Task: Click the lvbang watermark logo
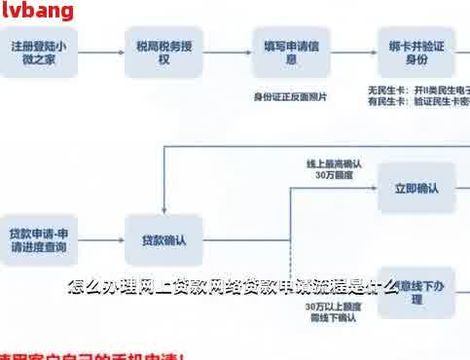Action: click(x=38, y=11)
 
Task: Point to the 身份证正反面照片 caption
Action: click(x=290, y=97)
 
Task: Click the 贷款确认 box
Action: click(x=163, y=239)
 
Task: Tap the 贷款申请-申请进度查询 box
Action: click(x=38, y=239)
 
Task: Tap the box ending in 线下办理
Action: click(x=416, y=293)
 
